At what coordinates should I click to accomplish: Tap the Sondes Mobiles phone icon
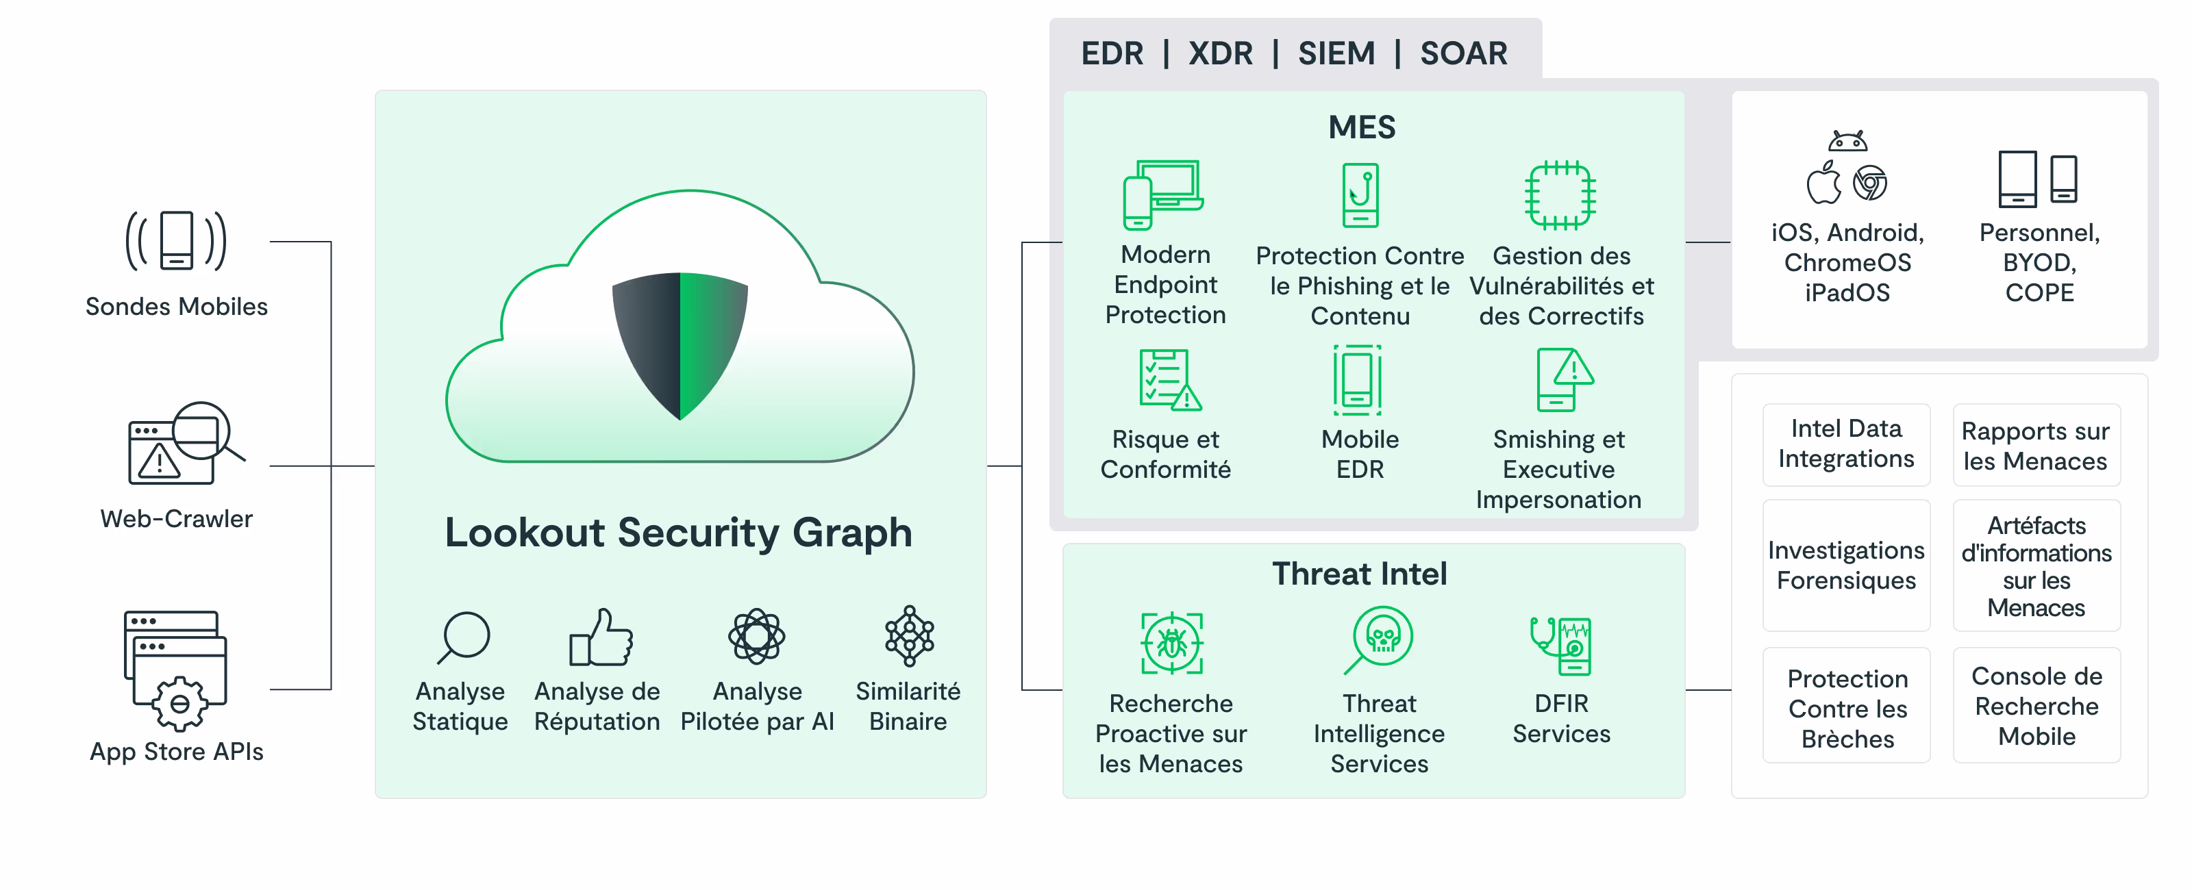point(176,240)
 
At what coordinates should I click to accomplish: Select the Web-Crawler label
point(176,518)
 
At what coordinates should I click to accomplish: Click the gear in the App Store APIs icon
point(179,704)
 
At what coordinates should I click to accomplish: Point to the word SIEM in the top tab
point(1336,53)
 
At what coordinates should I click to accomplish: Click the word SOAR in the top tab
point(1464,53)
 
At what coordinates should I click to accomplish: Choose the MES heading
point(1362,127)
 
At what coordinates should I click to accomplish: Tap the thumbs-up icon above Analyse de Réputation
point(601,637)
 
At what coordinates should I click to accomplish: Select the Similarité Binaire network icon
point(909,635)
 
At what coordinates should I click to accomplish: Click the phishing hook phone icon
point(1360,195)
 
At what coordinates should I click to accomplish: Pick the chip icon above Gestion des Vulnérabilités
point(1560,195)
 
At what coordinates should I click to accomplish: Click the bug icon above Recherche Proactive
point(1172,644)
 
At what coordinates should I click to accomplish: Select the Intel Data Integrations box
point(1845,444)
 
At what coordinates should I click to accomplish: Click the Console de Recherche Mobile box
point(2037,705)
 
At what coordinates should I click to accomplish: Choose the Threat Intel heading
point(1359,574)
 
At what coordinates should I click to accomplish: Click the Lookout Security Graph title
point(678,533)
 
